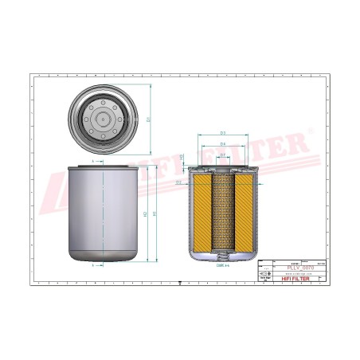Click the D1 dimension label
pyautogui.click(x=148, y=119)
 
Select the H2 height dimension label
pyautogui.click(x=143, y=214)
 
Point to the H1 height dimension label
pyautogui.click(x=155, y=214)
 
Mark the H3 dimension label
pyautogui.click(x=182, y=156)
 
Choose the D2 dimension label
pyautogui.click(x=178, y=182)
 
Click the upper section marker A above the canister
pyautogui.click(x=94, y=161)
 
